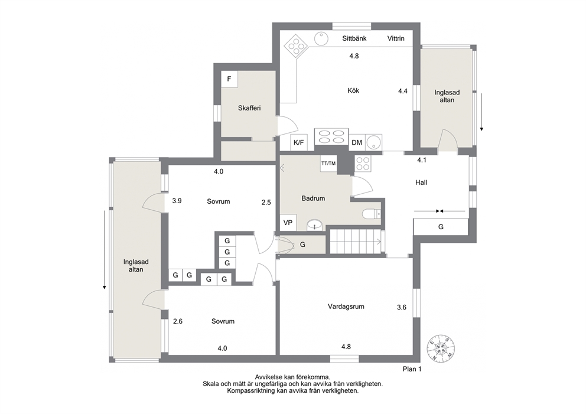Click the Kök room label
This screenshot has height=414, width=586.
pos(353,90)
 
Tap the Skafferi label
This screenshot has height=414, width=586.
pos(249,108)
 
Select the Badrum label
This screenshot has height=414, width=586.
pos(313,198)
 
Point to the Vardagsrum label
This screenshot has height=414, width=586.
pos(346,307)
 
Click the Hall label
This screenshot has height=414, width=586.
pos(421,182)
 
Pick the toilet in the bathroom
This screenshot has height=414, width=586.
pos(371,214)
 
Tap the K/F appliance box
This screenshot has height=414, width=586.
pos(299,142)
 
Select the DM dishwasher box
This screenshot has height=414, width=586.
pos(357,142)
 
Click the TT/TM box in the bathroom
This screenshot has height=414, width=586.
pos(328,163)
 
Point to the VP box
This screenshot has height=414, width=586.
pos(288,223)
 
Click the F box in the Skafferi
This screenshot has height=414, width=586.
pos(229,79)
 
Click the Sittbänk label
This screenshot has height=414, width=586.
pos(354,38)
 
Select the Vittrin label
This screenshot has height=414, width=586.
pos(396,38)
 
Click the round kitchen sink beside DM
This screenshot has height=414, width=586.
pos(374,142)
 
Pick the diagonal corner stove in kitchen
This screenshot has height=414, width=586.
pos(296,46)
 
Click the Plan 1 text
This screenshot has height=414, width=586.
pos(412,369)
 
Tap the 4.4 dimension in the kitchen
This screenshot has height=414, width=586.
pos(402,91)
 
